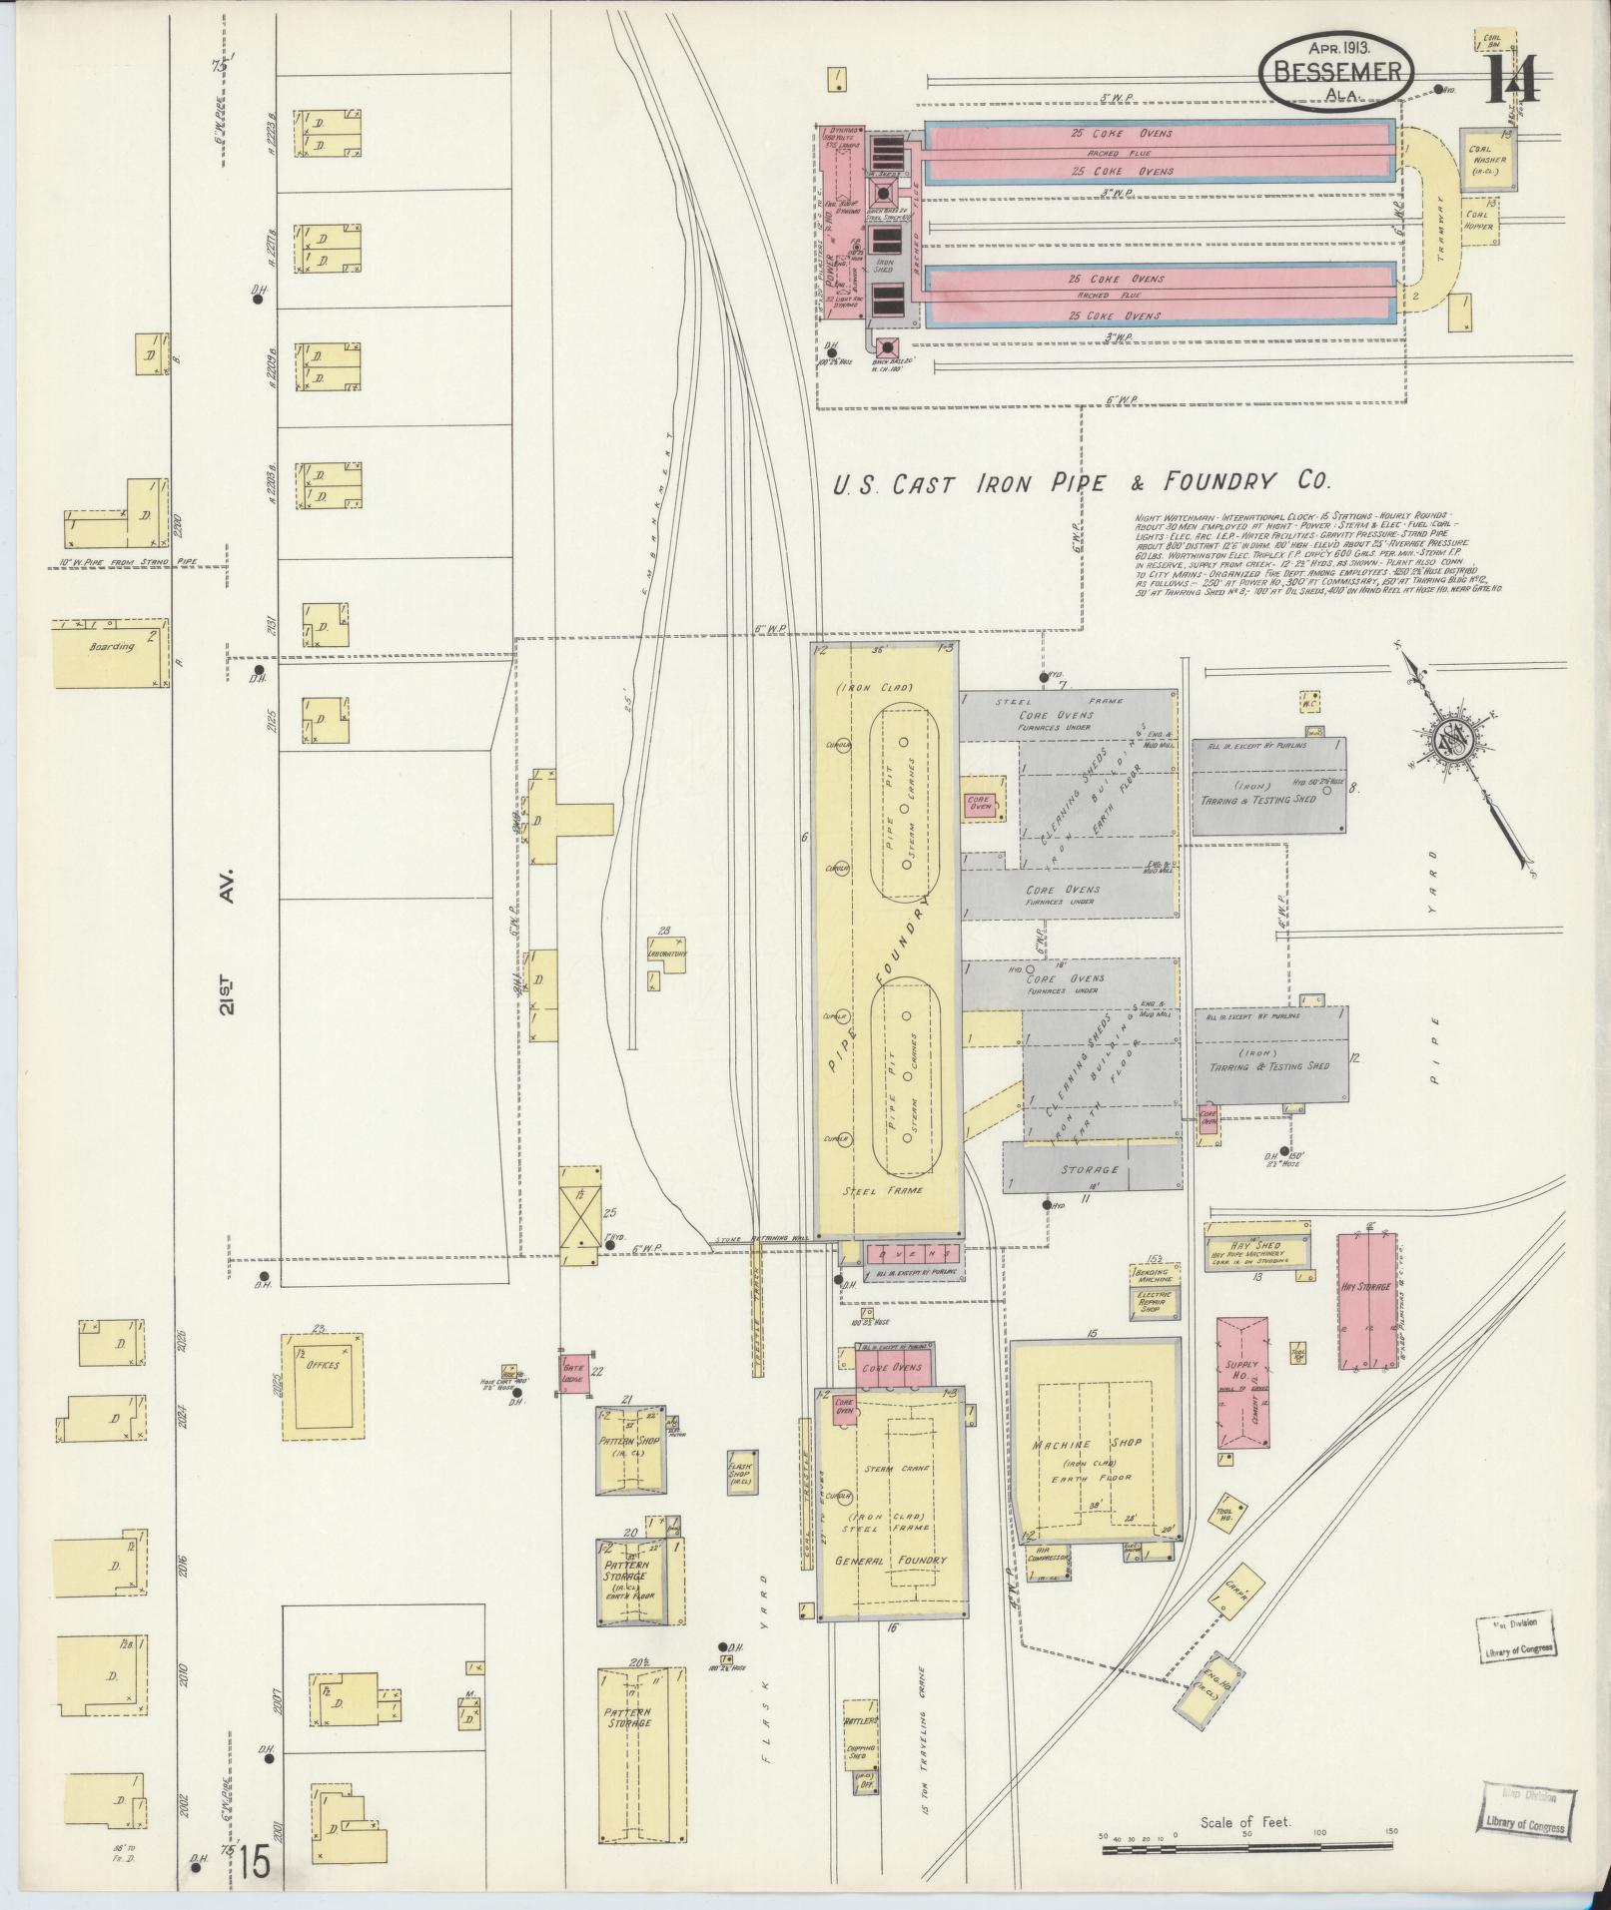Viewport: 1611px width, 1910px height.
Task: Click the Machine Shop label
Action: point(1095,1445)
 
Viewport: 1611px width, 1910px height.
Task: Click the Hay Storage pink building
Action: point(1366,1302)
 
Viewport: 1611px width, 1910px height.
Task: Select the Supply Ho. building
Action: point(1241,1379)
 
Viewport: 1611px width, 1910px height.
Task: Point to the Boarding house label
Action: point(111,647)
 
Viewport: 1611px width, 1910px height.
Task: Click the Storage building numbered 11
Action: point(1091,1169)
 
